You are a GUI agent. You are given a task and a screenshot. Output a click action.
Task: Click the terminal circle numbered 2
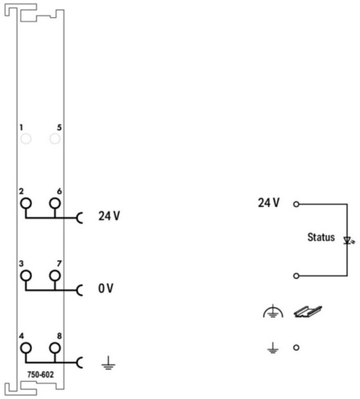pos(25,203)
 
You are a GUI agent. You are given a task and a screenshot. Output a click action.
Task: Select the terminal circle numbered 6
pos(54,203)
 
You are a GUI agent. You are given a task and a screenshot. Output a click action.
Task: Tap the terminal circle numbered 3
pos(25,275)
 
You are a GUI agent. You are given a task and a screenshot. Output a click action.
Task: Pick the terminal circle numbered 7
pos(54,275)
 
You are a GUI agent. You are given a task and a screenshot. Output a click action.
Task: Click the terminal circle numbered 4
pos(25,347)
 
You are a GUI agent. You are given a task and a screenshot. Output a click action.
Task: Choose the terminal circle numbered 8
pos(54,347)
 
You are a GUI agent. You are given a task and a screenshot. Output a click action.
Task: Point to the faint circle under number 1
pos(25,139)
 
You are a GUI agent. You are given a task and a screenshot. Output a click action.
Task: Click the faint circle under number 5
pos(54,139)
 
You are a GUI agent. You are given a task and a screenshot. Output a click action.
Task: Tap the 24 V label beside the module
pos(109,216)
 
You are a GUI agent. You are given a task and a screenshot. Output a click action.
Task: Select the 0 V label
pos(105,289)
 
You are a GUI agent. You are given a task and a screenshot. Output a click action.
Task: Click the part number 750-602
pos(40,374)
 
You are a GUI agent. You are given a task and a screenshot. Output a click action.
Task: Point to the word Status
pos(321,237)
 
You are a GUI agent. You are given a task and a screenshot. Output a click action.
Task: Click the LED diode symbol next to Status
pos(347,240)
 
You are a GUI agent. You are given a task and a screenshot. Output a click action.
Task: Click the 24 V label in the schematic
pos(269,203)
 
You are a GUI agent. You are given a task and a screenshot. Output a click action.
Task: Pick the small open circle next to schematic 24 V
pos(296,204)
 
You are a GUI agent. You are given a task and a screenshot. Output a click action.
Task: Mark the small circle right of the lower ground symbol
pos(296,347)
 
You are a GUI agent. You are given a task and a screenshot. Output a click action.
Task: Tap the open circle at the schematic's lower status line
pos(296,276)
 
